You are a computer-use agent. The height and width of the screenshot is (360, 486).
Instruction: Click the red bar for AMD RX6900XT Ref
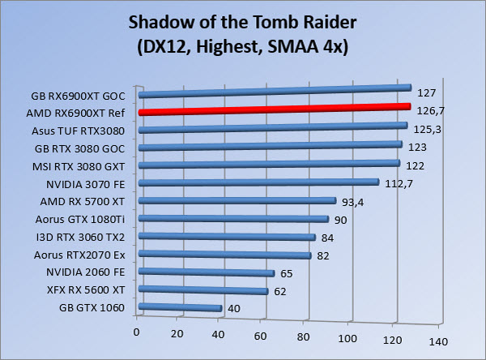(x=275, y=109)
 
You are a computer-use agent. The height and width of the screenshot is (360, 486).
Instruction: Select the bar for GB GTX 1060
(x=181, y=307)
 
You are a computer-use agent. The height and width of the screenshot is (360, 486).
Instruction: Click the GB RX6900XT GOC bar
(x=275, y=92)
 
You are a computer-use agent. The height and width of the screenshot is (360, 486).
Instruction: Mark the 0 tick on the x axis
(x=139, y=332)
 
